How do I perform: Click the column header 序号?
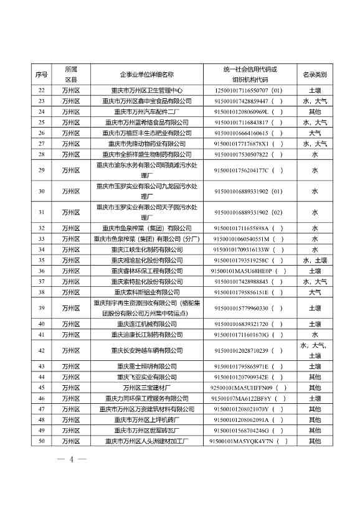(42, 75)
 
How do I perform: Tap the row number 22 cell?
(42, 90)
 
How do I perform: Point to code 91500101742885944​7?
(240, 101)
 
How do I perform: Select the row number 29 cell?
(42, 170)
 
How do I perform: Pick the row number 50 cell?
(42, 441)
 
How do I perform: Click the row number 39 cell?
(42, 307)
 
